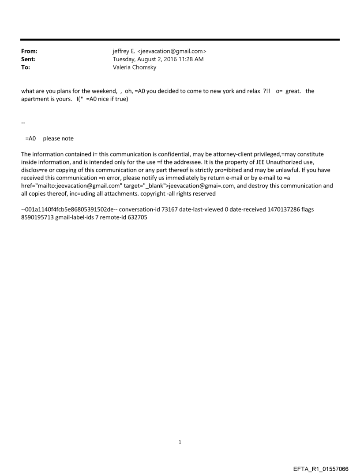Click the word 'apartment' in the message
pyautogui.click(x=36, y=99)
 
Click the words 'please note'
pyautogui.click(x=58, y=138)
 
